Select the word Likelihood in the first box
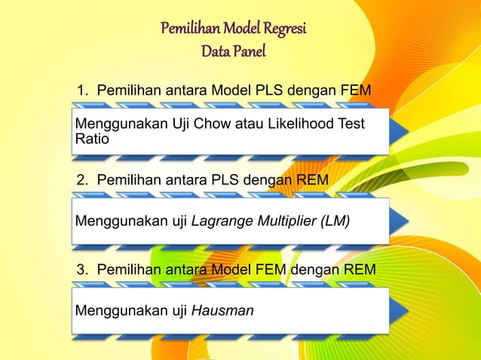point(288,124)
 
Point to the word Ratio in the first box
point(91,139)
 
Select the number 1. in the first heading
point(82,92)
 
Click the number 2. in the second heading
point(82,179)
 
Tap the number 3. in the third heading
point(82,269)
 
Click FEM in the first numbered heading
point(357,92)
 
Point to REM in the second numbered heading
point(311,179)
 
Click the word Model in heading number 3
point(232,269)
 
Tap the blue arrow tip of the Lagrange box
point(400,221)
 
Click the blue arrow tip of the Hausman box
point(400,309)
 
